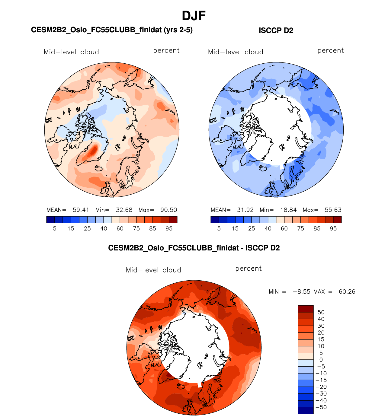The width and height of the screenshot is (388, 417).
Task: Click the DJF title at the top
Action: point(194,16)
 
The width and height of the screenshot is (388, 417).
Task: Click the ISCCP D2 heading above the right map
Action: point(276,30)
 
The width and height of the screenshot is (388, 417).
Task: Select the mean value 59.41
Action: point(81,210)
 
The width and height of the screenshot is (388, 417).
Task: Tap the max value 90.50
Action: point(168,210)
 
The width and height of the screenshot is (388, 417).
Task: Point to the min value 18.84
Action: point(288,210)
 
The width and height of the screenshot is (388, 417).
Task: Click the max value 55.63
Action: point(333,210)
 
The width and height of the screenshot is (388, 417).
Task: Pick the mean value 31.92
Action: point(245,210)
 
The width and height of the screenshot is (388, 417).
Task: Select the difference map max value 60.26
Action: point(347,292)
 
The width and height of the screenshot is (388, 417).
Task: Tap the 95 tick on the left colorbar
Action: point(169,229)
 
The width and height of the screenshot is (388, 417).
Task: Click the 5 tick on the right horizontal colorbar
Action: point(219,229)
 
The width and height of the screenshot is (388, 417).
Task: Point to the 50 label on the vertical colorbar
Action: point(321,312)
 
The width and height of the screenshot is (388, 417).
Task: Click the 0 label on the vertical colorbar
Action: point(321,360)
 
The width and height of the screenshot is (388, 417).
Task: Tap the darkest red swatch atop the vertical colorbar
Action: point(306,309)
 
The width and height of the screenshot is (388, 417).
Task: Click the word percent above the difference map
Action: point(248,269)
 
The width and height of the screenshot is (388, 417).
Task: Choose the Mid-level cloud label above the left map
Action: point(71,52)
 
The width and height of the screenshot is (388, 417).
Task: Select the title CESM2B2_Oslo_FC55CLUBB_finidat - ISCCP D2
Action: point(194,248)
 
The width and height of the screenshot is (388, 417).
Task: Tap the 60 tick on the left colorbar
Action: point(120,229)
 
